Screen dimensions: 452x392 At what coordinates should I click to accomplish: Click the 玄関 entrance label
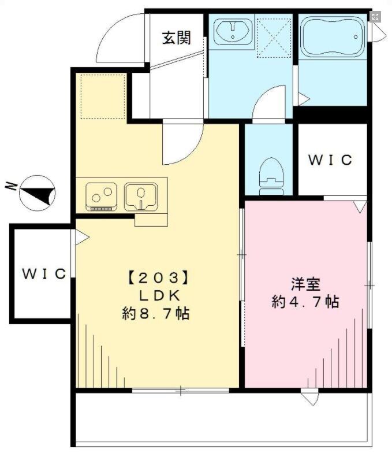click(176, 38)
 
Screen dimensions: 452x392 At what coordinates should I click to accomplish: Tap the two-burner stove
click(101, 195)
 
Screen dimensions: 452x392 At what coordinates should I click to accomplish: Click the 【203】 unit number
click(158, 276)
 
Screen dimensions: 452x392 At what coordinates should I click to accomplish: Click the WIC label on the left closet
click(44, 273)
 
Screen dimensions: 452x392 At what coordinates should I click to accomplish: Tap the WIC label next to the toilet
click(330, 160)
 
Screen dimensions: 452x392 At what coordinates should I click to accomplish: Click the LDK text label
click(157, 295)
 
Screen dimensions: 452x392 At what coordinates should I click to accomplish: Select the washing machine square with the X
click(274, 37)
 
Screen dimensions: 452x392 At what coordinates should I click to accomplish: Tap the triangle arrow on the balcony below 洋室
click(309, 398)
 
